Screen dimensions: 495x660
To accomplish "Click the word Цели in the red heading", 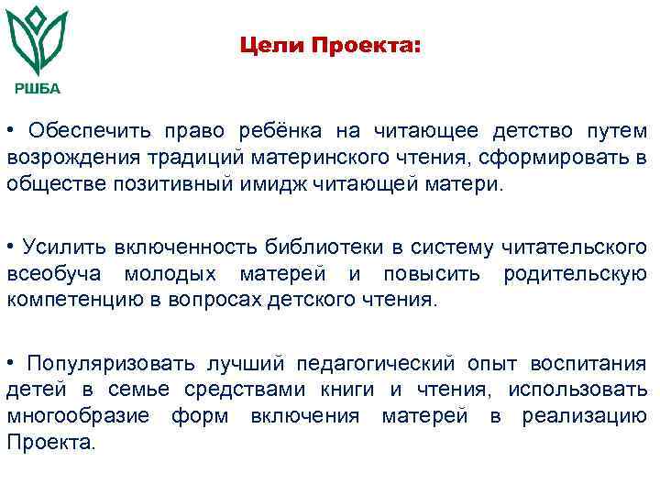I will pyautogui.click(x=269, y=44).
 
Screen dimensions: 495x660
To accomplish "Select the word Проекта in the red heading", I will pyautogui.click(x=367, y=44).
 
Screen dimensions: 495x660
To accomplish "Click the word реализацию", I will pyautogui.click(x=585, y=415).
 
